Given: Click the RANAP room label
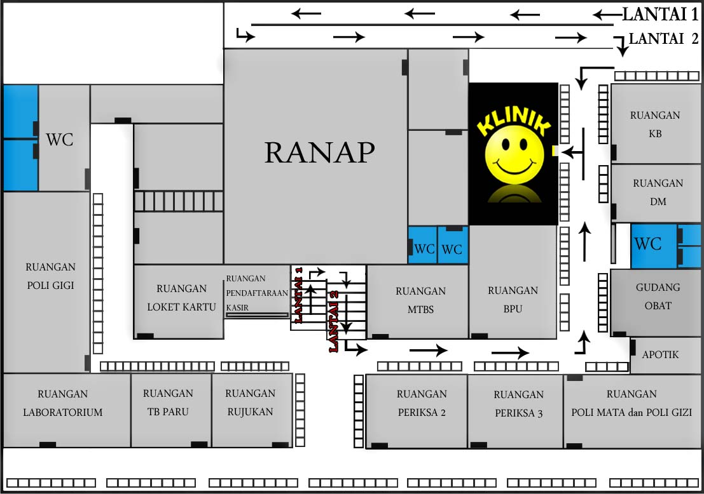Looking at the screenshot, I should tap(319, 153).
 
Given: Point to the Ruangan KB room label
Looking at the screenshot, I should tap(655, 124).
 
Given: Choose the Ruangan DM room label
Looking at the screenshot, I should tap(658, 192).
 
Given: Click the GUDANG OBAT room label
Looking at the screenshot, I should tap(658, 296).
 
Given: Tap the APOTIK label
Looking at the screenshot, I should tap(660, 354).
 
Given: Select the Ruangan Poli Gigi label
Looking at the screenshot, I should tap(50, 276).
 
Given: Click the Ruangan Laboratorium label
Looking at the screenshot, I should tap(62, 403).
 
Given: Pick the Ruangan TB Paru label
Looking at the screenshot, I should tap(168, 402).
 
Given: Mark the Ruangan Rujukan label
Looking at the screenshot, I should tap(250, 402).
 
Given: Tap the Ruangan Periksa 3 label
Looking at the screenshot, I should tap(518, 404).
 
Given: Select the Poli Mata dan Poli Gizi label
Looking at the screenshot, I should tap(631, 403).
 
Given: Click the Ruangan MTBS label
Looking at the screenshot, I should tap(420, 300).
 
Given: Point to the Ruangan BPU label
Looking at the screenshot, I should tap(513, 300).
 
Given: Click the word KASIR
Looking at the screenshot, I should tap(237, 307).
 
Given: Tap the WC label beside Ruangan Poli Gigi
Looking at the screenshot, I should tap(59, 140).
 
